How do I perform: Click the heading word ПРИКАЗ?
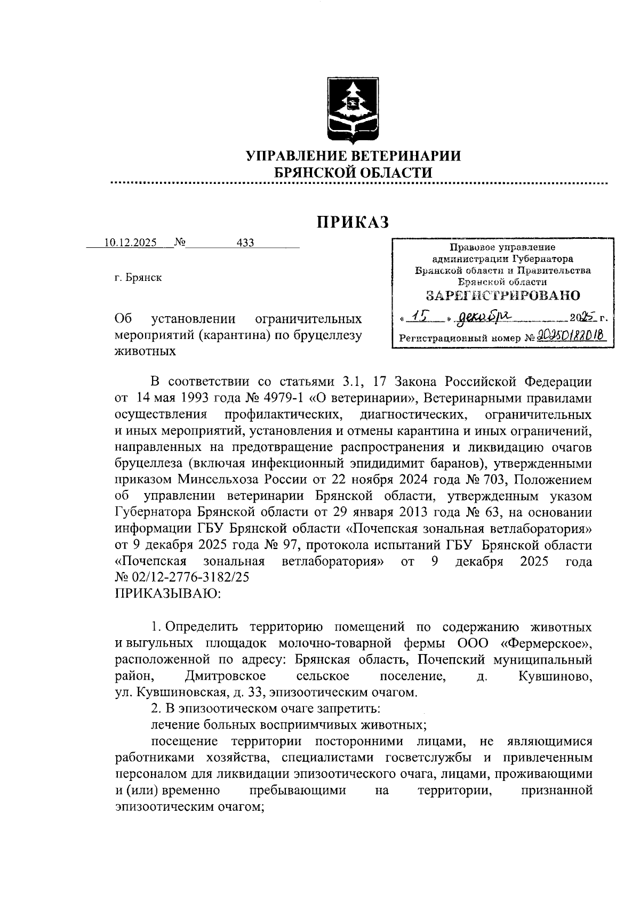coord(353,222)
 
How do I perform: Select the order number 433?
coord(245,243)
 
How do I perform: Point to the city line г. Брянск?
coord(138,278)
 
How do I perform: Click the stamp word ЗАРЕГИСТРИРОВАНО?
coord(502,295)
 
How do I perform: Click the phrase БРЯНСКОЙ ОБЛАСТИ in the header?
coord(353,172)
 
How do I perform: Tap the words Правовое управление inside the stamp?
coord(502,247)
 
